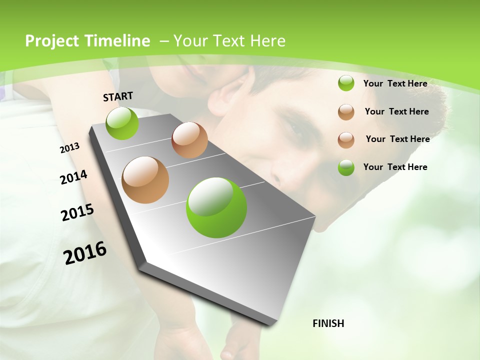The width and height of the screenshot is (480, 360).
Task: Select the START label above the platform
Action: tap(118, 96)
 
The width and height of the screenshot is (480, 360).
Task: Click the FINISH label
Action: tap(328, 323)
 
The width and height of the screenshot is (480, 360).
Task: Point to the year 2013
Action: tap(70, 148)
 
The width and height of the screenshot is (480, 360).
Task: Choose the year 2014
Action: tap(74, 177)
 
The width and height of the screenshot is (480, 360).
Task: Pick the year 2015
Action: tap(77, 212)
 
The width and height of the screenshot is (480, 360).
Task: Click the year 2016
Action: tap(85, 253)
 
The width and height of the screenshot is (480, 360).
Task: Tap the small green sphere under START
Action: tap(122, 123)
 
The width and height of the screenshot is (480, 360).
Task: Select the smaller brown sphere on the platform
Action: tap(189, 140)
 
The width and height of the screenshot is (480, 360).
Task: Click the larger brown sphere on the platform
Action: tap(145, 180)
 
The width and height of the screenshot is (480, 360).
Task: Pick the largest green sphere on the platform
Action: tap(216, 207)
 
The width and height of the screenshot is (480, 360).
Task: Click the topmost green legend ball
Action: tap(346, 83)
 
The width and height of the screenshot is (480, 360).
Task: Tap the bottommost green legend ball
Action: tap(346, 167)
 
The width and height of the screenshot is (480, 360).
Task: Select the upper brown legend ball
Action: tap(346, 111)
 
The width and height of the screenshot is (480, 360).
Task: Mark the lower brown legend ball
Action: tap(346, 139)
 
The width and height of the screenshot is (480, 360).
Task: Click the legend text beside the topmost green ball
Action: tap(395, 83)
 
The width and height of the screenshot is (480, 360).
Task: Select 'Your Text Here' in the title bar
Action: tap(229, 41)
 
